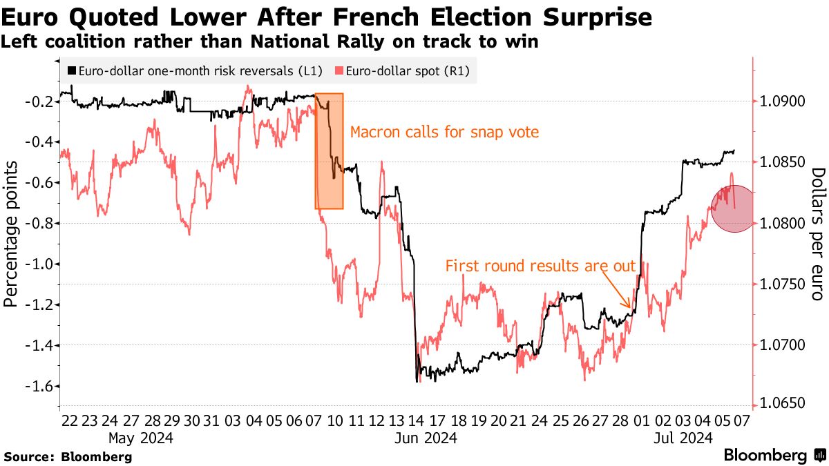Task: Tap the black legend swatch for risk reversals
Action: (72, 70)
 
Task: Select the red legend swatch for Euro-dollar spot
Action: (338, 70)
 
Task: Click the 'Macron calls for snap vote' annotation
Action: (444, 132)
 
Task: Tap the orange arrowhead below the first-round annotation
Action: (628, 306)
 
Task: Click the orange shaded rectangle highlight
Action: (330, 151)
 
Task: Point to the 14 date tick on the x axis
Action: (417, 420)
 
